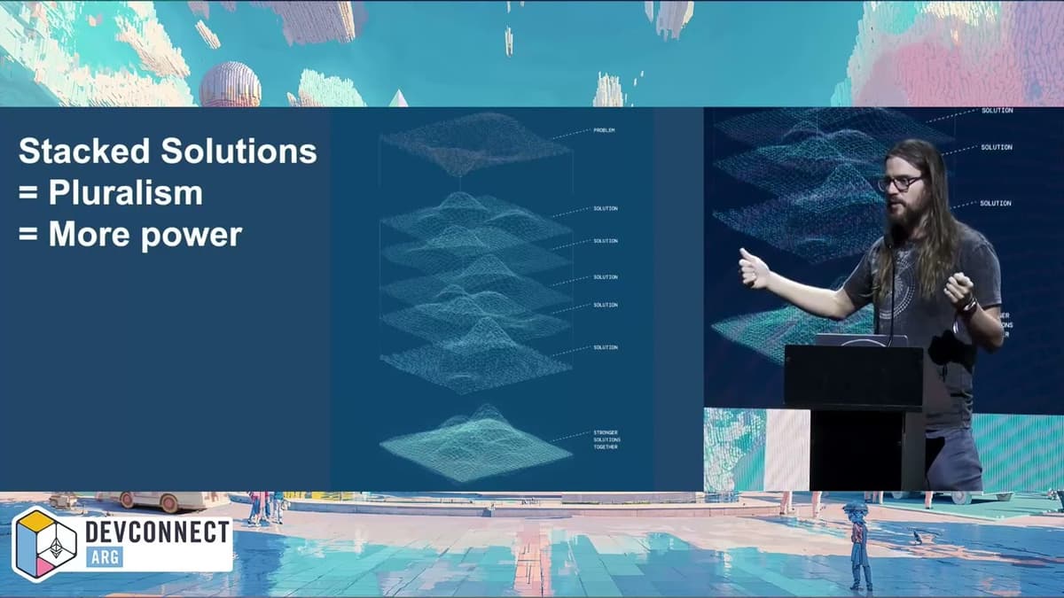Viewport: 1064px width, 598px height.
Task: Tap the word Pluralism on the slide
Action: click(x=125, y=192)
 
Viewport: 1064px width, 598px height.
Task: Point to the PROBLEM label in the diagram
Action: click(x=604, y=130)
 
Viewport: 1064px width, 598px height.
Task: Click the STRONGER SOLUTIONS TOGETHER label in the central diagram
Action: click(x=606, y=439)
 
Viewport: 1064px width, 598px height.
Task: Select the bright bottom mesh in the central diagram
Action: click(x=475, y=446)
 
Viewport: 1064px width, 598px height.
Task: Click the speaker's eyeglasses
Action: click(x=900, y=183)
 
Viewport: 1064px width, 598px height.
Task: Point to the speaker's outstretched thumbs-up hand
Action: click(x=754, y=268)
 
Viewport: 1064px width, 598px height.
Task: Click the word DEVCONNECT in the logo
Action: click(x=157, y=532)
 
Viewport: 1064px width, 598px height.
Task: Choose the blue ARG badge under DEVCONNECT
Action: click(x=105, y=557)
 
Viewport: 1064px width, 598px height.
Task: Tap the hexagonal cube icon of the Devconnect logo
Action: click(x=45, y=544)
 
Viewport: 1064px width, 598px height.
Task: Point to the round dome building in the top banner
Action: click(x=231, y=86)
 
